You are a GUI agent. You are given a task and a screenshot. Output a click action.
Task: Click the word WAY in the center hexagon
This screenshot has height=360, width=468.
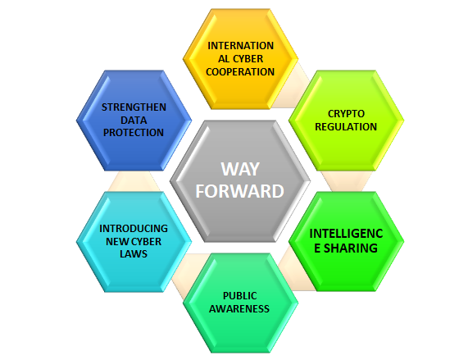point(240,169)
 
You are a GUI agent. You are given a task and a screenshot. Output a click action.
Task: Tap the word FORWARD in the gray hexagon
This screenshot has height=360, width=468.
point(239,191)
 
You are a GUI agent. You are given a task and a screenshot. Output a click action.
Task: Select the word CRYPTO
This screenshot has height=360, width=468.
point(346,114)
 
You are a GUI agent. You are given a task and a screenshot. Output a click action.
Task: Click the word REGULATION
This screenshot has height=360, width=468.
point(346,127)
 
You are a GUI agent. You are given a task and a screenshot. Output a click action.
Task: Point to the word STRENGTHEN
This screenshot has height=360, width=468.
point(134,107)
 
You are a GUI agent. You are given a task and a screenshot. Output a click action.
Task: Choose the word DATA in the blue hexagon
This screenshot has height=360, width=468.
point(134,120)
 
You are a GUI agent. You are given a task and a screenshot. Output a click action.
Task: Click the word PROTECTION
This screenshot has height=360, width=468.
point(134,133)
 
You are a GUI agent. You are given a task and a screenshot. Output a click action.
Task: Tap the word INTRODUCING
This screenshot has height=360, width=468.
point(134,229)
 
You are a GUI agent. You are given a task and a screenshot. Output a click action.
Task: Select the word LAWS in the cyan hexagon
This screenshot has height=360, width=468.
point(134,253)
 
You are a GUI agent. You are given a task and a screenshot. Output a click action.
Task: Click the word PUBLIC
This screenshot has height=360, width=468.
point(240,296)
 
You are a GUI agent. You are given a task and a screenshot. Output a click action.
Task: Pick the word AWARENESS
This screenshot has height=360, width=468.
point(239,308)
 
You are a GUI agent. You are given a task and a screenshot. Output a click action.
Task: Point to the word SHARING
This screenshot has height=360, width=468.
point(351,248)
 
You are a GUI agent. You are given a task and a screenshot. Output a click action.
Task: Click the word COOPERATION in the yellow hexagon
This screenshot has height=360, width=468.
point(240,72)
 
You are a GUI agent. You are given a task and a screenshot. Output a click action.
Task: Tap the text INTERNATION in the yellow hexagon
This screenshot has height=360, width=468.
point(241,46)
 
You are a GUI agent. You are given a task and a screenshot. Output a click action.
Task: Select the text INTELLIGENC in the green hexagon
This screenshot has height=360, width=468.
point(346,234)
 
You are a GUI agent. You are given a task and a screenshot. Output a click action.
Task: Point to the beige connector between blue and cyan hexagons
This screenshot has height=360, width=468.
point(134,181)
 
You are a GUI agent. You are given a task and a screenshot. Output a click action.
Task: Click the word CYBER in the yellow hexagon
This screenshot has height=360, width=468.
point(248,59)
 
